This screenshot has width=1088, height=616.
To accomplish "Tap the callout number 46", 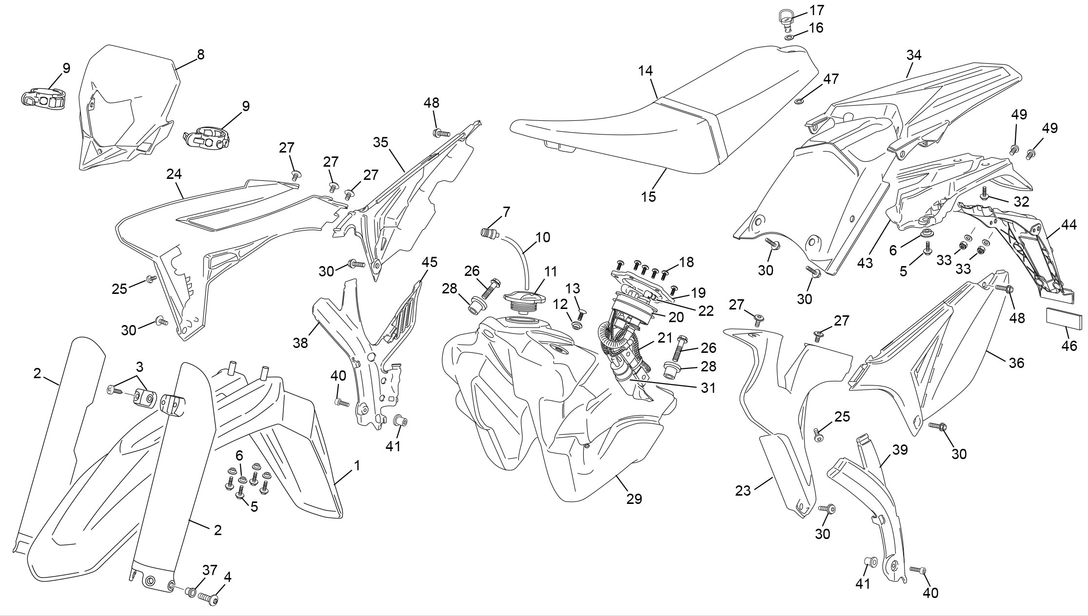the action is pyautogui.click(x=1069, y=346).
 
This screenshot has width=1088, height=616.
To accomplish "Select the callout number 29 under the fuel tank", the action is pyautogui.click(x=634, y=499).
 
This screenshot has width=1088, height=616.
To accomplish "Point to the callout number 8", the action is pyautogui.click(x=200, y=55).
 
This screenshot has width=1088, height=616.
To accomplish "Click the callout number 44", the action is pyautogui.click(x=1069, y=225).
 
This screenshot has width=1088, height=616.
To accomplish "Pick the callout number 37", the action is pyautogui.click(x=210, y=570).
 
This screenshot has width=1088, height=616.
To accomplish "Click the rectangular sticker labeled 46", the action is pyautogui.click(x=1064, y=317).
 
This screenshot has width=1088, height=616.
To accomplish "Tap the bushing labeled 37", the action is pyautogui.click(x=191, y=592).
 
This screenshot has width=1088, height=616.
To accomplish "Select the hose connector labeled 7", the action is pyautogui.click(x=489, y=232).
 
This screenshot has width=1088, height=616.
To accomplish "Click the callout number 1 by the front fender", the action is pyautogui.click(x=357, y=465).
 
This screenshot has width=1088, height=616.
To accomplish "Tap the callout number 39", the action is pyautogui.click(x=900, y=450).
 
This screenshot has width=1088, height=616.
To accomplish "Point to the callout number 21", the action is pyautogui.click(x=665, y=338).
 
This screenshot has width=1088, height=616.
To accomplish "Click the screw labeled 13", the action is pyautogui.click(x=581, y=315).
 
